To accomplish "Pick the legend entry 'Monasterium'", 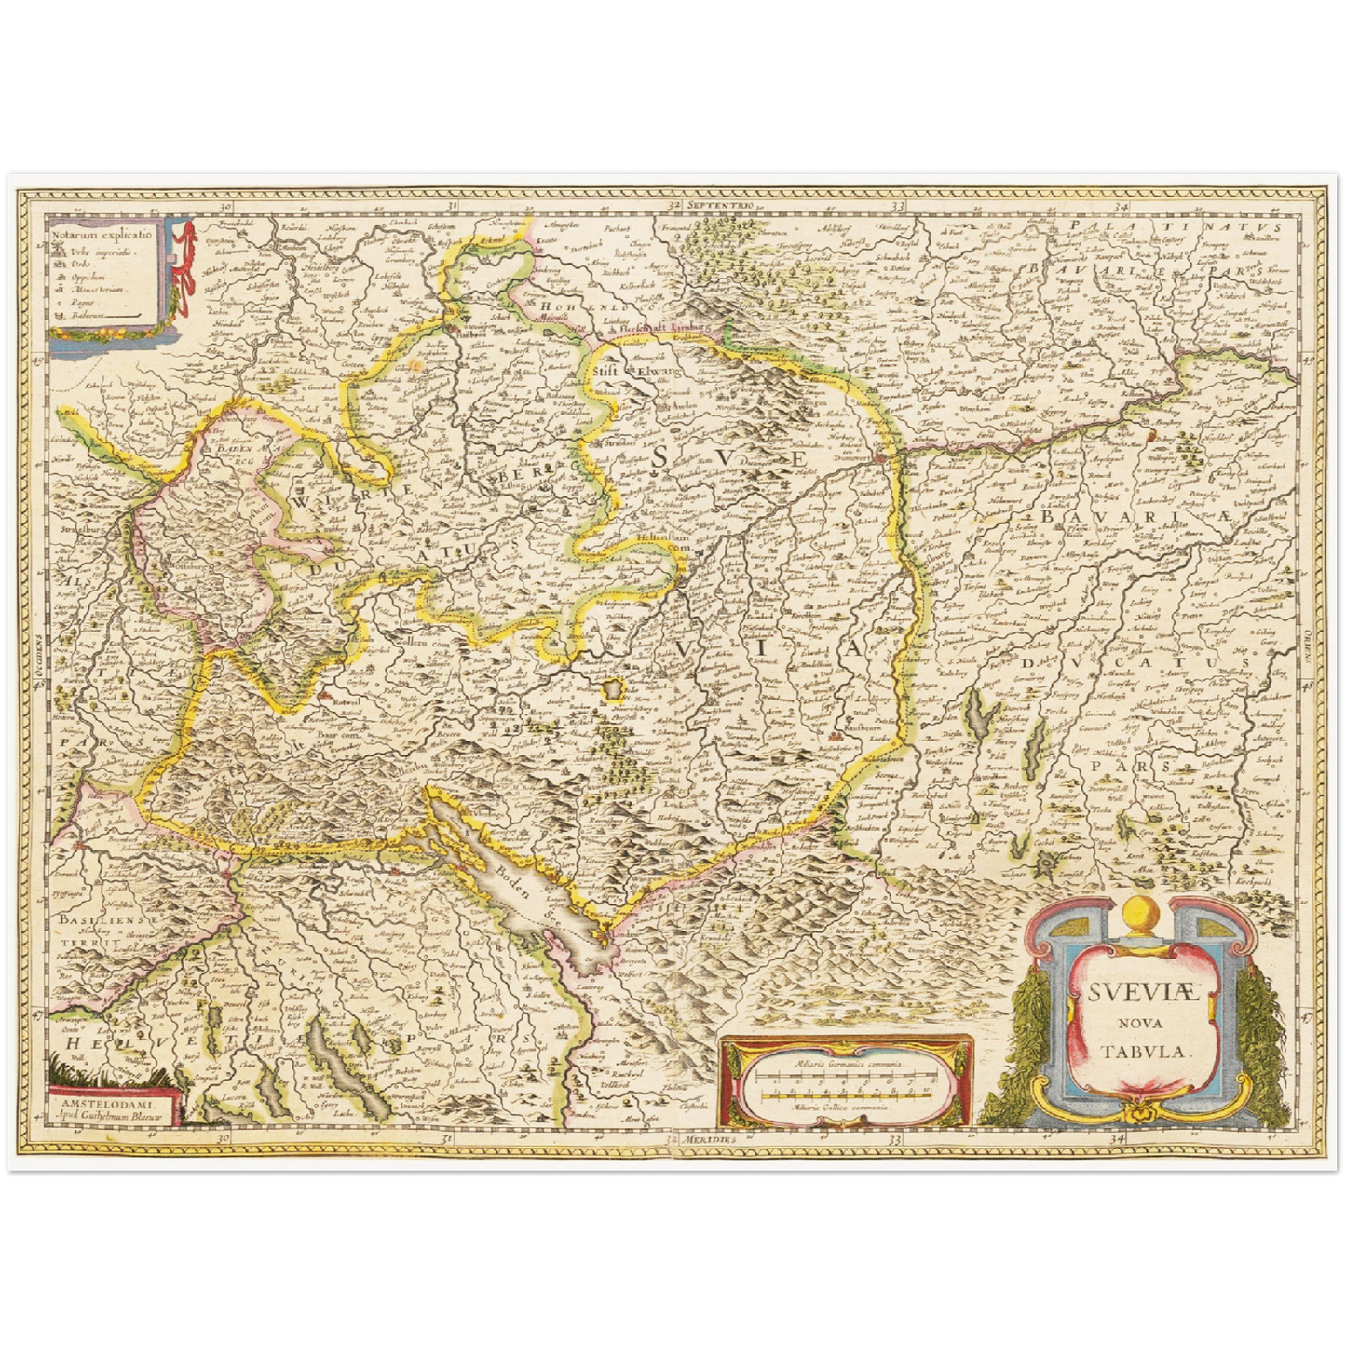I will pos(101,290).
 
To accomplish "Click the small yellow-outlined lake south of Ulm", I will pos(614,689).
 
